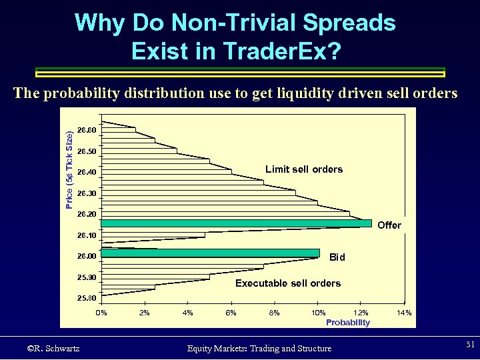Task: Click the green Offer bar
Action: [236, 224]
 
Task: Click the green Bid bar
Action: [210, 253]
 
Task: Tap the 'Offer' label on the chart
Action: [389, 225]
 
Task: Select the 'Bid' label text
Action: [337, 257]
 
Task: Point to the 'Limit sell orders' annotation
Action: [304, 169]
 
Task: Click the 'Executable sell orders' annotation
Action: [288, 283]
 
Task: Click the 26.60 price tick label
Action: [87, 129]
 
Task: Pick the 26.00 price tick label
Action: [87, 256]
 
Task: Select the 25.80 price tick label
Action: [87, 298]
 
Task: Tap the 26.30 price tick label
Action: [87, 193]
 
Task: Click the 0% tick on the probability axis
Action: [101, 313]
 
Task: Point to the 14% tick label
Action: [404, 313]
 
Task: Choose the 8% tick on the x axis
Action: [274, 313]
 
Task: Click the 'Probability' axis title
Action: [347, 323]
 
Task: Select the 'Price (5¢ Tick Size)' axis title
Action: [70, 170]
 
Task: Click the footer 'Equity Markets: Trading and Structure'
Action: [259, 348]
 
